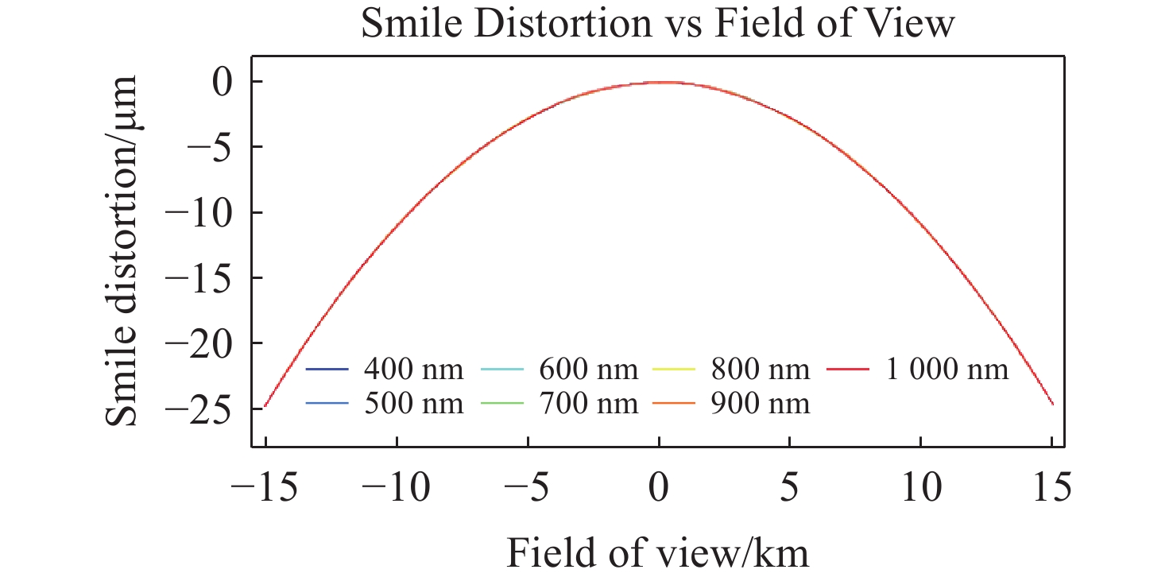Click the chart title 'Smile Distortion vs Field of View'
[x=658, y=23]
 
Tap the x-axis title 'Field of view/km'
[x=658, y=553]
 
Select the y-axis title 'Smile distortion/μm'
[x=122, y=250]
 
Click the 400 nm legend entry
[x=385, y=369]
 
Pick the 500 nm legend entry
[x=385, y=404]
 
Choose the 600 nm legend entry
[x=559, y=369]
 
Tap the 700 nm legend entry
[x=559, y=404]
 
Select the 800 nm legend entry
[x=732, y=369]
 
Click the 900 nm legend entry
[x=732, y=404]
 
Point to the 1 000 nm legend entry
[x=918, y=369]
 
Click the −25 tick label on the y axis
[x=198, y=409]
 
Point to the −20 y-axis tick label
[x=198, y=344]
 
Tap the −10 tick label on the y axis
[x=198, y=213]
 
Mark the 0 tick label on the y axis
[x=222, y=82]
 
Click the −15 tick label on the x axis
[x=265, y=487]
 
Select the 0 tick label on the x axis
[x=658, y=487]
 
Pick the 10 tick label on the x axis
[x=922, y=487]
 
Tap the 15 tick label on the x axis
[x=1052, y=487]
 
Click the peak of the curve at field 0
[x=660, y=82]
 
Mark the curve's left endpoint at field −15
[x=265, y=406]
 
